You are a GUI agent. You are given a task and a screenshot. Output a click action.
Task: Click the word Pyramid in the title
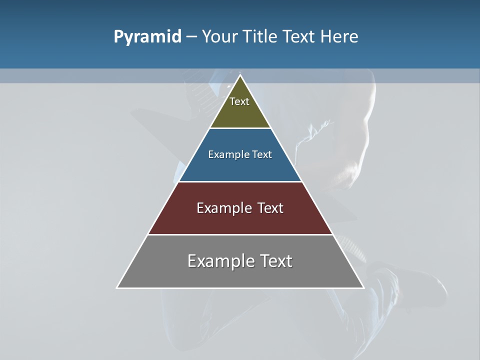click(147, 37)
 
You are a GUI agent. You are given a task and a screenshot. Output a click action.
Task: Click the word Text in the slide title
click(300, 37)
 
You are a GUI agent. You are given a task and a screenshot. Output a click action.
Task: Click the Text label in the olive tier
click(239, 101)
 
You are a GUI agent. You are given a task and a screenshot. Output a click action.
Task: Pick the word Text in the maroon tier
click(271, 208)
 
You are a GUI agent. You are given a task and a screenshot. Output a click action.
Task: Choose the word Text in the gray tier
click(276, 261)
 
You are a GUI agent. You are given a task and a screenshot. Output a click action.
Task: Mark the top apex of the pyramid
click(240, 75)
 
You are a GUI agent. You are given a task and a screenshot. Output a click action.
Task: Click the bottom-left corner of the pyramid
click(117, 287)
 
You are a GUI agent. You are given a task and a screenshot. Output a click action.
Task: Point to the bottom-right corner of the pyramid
click(363, 287)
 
